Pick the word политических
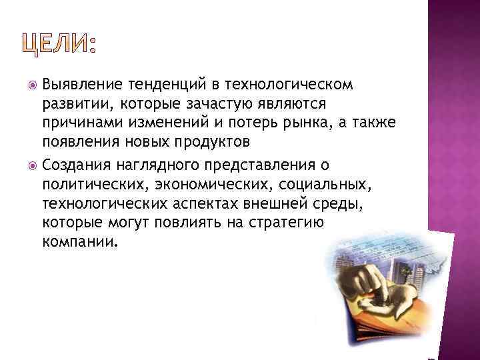click(x=90, y=183)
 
